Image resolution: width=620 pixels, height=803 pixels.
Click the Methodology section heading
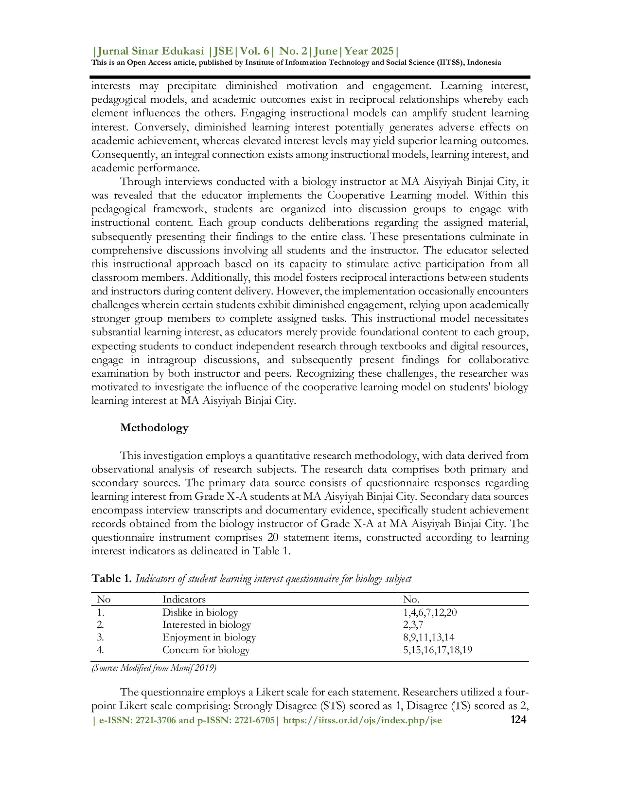154,428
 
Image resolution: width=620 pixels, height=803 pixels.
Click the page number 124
518,720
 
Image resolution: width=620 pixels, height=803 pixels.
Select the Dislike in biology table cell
200,612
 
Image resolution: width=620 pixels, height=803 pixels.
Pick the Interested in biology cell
206,624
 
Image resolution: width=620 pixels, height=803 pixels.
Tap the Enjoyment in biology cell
209,637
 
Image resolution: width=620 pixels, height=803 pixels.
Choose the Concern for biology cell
206,650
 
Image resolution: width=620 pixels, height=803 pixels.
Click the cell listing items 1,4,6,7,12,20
430,612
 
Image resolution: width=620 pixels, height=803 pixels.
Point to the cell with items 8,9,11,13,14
428,637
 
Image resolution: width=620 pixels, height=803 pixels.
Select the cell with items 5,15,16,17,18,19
437,650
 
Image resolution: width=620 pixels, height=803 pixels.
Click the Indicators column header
184,599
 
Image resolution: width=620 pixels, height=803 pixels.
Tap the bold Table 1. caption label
112,578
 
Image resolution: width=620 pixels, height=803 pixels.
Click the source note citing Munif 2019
154,668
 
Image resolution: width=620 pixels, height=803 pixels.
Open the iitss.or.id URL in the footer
362,720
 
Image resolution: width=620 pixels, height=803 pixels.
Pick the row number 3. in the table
101,637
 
